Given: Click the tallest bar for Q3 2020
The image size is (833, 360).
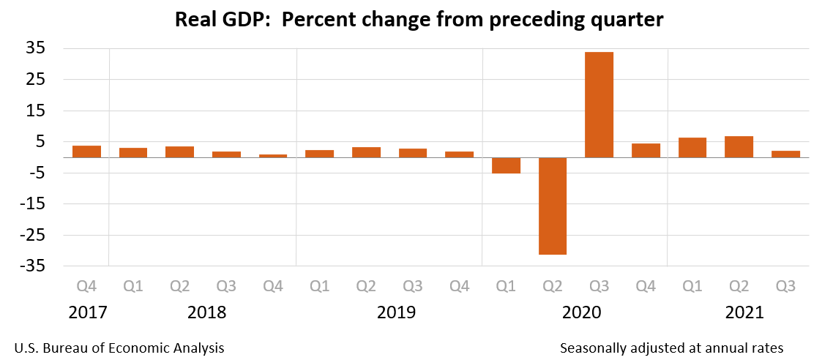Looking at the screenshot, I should (x=599, y=105).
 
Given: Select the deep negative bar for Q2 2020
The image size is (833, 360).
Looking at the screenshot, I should (x=553, y=206).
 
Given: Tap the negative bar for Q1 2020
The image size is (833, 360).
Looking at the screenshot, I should (x=506, y=165).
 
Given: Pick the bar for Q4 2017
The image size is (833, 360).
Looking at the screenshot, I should (x=86, y=151).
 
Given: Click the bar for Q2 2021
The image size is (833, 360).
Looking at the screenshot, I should (x=739, y=147).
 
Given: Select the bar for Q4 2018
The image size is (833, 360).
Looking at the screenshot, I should (x=273, y=156).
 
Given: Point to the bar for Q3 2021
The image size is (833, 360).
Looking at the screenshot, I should (x=785, y=154).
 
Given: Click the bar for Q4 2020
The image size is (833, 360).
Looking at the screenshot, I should (x=646, y=151).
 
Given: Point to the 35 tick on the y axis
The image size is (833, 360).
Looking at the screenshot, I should (x=37, y=48).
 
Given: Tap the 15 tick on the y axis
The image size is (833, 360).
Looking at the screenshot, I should (x=37, y=110).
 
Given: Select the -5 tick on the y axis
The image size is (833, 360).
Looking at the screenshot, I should (x=37, y=173).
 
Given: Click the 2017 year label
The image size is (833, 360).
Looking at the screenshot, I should (x=87, y=312).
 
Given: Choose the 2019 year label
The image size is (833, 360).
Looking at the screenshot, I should (x=396, y=312).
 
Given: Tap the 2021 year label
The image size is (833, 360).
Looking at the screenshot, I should (x=744, y=312).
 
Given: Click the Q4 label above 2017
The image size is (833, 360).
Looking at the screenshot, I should (x=86, y=285).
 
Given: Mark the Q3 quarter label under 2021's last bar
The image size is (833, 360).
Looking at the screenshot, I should (x=785, y=285).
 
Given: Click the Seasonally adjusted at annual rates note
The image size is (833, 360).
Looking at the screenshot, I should (x=671, y=348).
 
